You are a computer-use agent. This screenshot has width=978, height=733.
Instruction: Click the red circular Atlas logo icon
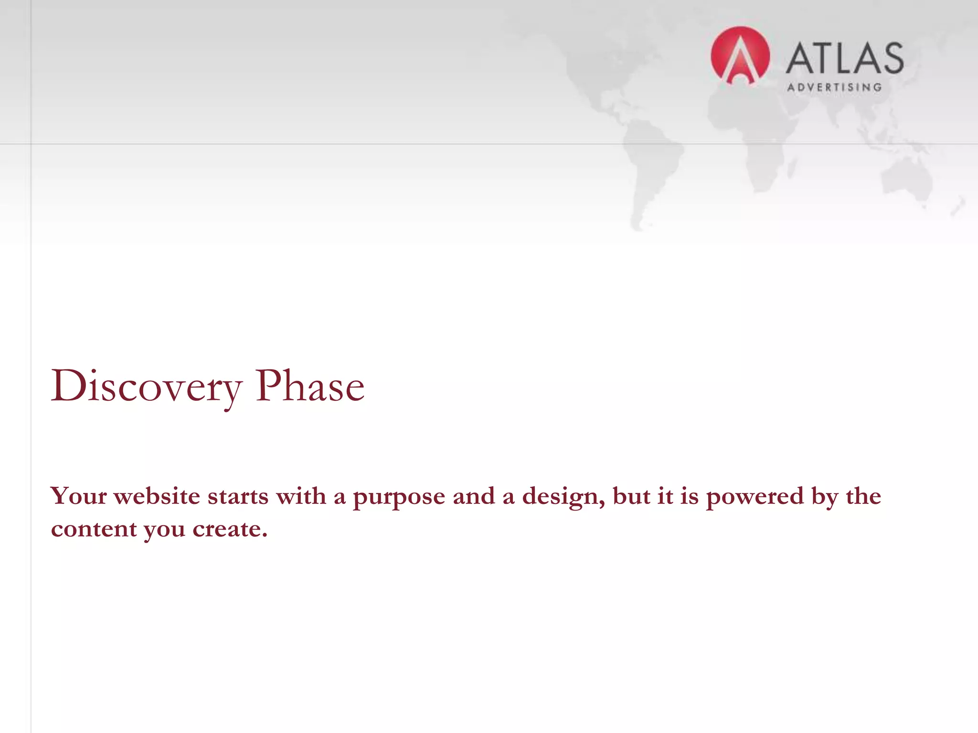coord(740,56)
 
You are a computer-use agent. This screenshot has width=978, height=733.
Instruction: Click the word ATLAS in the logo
coord(845,58)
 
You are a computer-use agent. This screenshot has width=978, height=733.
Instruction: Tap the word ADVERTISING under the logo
coord(834,87)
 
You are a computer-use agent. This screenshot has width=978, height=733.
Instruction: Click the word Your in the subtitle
coord(79,496)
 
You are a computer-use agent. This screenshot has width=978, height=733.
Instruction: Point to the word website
coord(157,496)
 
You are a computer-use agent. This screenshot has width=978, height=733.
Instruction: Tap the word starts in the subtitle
coord(238,496)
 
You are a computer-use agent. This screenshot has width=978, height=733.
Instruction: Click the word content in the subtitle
coord(94,529)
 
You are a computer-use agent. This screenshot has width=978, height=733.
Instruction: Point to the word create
coord(229,529)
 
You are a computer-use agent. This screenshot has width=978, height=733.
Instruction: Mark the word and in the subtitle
coord(473,496)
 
